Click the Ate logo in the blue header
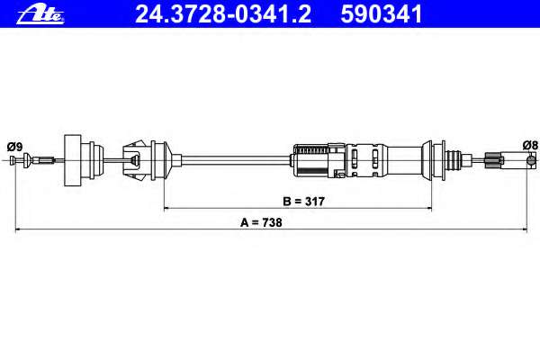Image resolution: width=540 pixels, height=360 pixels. pyautogui.click(x=40, y=15)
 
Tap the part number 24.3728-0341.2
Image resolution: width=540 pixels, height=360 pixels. pyautogui.click(x=223, y=14)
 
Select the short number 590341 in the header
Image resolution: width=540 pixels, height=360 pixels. pyautogui.click(x=382, y=14)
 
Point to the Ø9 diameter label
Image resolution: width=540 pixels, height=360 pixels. pyautogui.click(x=14, y=147)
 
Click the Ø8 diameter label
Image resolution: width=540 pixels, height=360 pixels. pyautogui.click(x=530, y=145)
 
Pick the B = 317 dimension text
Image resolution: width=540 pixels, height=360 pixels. pyautogui.click(x=304, y=202)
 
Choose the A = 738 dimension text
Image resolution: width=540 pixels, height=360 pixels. pyautogui.click(x=261, y=222)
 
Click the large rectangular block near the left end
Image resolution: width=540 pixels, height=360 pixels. pyautogui.click(x=73, y=160)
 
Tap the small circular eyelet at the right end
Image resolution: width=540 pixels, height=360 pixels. pyautogui.click(x=532, y=160)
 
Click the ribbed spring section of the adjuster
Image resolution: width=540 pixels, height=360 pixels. pyautogui.click(x=312, y=150)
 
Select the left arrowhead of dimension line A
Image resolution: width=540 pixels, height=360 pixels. pyautogui.click(x=18, y=229)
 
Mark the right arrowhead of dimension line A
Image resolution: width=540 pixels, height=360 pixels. pyautogui.click(x=525, y=229)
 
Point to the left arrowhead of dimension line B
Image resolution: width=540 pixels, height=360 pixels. pyautogui.click(x=166, y=208)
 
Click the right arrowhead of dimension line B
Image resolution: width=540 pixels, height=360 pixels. pyautogui.click(x=429, y=208)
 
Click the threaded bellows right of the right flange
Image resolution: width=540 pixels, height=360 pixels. pyautogui.click(x=454, y=160)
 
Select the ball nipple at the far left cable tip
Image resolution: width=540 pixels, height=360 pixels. pyautogui.click(x=13, y=160)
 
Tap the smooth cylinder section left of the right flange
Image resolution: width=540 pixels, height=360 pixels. pyautogui.click(x=404, y=160)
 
